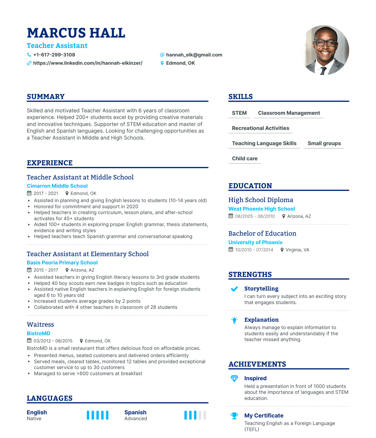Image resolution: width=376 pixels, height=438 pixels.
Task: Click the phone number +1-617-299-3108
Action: tap(54, 55)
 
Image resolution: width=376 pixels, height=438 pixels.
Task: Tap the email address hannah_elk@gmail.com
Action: tap(194, 55)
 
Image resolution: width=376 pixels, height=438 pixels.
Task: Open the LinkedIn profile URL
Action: tap(87, 63)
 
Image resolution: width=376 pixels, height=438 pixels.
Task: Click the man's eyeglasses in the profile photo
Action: tap(325, 43)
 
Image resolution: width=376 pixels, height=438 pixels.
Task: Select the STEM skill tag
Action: tap(239, 113)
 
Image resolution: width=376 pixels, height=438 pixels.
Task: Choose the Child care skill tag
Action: tap(245, 159)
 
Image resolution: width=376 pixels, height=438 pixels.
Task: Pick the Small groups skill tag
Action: tap(324, 144)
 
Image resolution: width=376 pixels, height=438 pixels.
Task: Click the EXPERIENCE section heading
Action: tap(50, 163)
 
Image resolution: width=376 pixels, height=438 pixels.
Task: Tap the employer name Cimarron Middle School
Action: tap(57, 186)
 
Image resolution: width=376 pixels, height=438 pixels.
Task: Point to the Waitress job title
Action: tap(40, 325)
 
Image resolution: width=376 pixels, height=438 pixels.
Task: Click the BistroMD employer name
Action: tap(38, 333)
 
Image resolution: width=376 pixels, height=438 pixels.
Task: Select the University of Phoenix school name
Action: tap(255, 243)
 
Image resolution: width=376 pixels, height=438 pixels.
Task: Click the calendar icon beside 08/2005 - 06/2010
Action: tap(231, 216)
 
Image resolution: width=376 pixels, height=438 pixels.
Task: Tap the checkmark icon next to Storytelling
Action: tap(234, 289)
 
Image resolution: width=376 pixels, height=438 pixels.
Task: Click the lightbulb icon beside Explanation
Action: tap(234, 320)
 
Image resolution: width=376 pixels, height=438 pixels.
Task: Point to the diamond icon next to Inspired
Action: tap(234, 378)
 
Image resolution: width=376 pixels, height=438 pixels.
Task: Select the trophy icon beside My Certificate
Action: tap(234, 416)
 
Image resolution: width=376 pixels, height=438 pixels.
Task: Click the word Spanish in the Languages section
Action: tap(135, 412)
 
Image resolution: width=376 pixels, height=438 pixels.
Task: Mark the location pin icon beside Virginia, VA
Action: tap(282, 250)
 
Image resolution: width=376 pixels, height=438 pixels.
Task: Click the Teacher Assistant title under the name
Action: tap(57, 46)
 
